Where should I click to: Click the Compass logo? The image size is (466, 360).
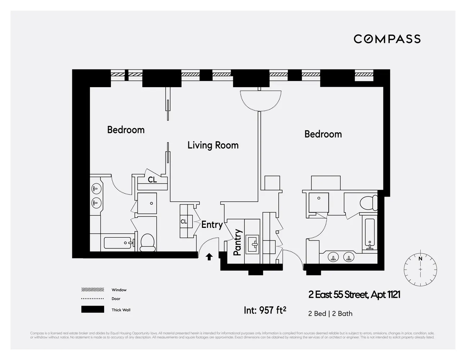coord(387,39)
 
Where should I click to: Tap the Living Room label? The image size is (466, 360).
coord(213,145)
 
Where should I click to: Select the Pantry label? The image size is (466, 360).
coord(237,242)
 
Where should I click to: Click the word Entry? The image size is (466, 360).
coord(212,225)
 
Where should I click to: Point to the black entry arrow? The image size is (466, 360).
coord(209,257)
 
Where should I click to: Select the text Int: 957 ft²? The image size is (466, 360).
coord(265,310)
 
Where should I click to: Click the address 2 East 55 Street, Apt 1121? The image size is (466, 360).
coord(354,295)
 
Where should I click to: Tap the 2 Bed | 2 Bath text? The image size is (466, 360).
coord(330,314)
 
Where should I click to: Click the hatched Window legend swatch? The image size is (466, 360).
coord(93,290)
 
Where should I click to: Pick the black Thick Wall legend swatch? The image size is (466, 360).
coord(93,310)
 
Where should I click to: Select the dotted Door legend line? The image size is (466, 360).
coord(93,299)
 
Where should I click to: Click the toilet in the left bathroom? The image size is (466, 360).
coord(147,242)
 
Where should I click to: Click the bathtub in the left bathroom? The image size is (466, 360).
coord(119,243)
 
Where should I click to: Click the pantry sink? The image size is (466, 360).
coord(255,244)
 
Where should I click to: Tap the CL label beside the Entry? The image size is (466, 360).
coord(184,222)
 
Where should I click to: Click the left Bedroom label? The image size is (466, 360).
coord(126,130)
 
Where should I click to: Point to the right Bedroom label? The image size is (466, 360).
coord(323,134)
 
